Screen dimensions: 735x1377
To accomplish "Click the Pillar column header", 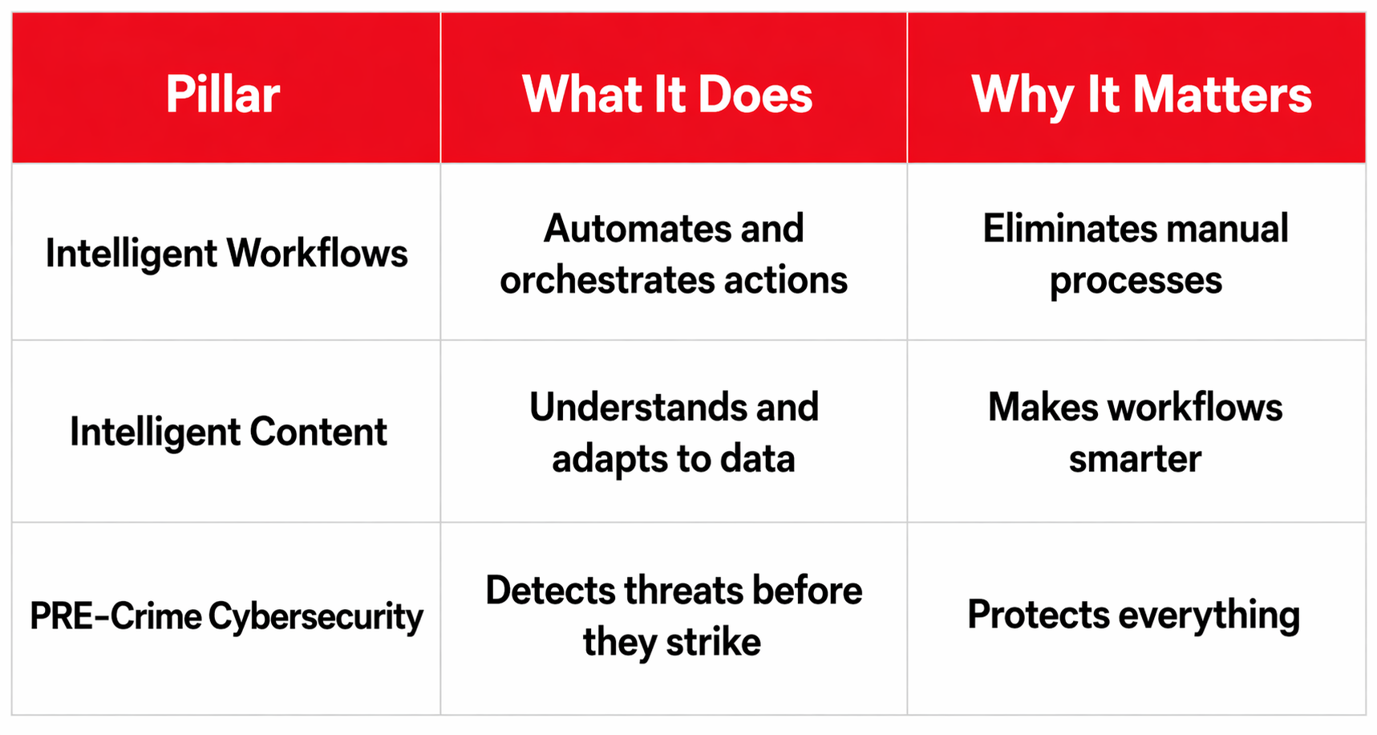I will (x=223, y=95).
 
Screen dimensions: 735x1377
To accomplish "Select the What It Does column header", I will (x=667, y=95).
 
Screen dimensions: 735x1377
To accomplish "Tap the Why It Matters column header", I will (x=1141, y=95).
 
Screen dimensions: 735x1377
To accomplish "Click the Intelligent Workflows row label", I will (x=226, y=254).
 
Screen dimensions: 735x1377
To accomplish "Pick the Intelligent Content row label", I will (x=228, y=432).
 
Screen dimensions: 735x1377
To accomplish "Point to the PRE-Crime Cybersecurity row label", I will (x=226, y=616).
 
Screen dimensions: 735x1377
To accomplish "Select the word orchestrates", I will (x=606, y=280).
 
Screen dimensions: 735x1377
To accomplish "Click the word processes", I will (x=1136, y=281).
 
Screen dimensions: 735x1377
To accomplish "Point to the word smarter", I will (x=1135, y=459).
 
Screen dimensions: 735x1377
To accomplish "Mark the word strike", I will (x=713, y=642).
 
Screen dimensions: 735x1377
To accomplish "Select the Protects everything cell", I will (x=1133, y=615).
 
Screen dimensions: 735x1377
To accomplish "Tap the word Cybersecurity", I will (x=315, y=616).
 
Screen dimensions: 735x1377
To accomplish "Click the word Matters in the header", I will (x=1221, y=95).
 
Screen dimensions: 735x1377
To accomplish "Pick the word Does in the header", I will (x=755, y=95).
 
